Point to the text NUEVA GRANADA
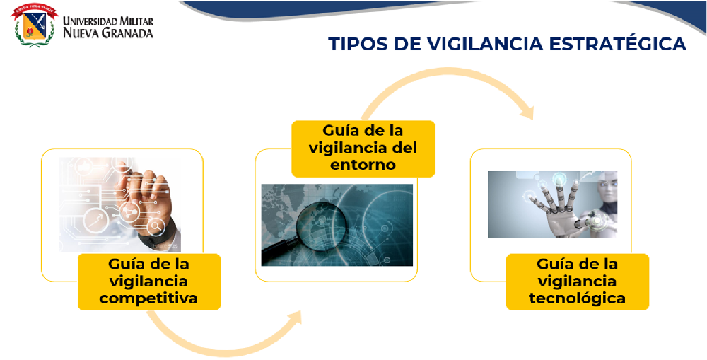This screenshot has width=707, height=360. (x=107, y=33)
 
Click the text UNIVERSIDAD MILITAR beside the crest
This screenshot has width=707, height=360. (x=107, y=21)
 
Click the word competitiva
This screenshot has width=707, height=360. (x=148, y=298)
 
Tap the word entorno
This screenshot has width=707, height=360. (x=363, y=165)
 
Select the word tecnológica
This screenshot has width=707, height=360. (x=577, y=298)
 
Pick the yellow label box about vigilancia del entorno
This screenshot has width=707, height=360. (x=363, y=149)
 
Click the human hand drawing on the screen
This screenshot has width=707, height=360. (x=145, y=199)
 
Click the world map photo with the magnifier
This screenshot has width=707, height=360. (x=337, y=225)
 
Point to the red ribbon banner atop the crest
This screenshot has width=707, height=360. (x=35, y=10)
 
